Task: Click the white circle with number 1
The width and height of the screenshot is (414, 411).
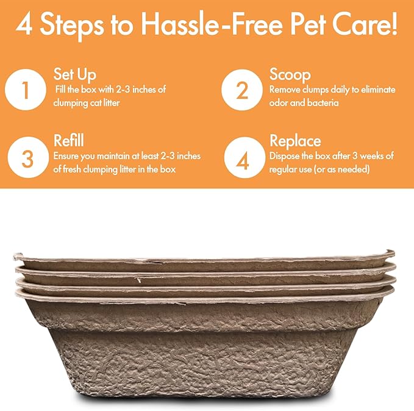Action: pyautogui.click(x=26, y=91)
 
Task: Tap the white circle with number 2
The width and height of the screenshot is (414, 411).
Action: pyautogui.click(x=242, y=91)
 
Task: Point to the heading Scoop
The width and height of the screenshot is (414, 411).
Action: pyautogui.click(x=290, y=75)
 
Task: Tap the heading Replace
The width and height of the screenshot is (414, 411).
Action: pyautogui.click(x=296, y=141)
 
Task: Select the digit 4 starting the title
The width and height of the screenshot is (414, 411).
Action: pyautogui.click(x=24, y=26)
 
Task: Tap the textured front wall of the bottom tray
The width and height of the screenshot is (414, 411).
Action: pyautogui.click(x=201, y=360)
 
